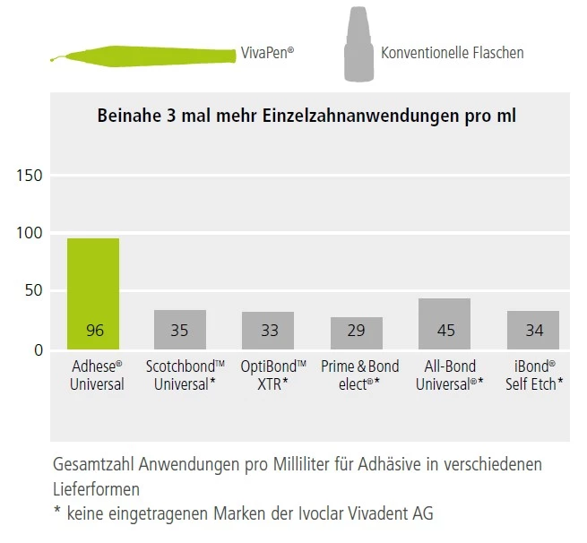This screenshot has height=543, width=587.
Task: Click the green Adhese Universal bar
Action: click(x=93, y=293)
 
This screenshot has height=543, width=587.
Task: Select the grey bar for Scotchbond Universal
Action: click(x=180, y=330)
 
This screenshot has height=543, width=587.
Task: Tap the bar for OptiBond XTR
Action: click(x=268, y=331)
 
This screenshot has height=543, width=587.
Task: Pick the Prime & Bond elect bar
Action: click(x=356, y=332)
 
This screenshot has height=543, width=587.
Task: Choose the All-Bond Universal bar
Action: click(x=445, y=323)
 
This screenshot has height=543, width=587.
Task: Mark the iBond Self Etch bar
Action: click(x=533, y=330)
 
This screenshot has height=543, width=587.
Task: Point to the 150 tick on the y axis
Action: click(x=30, y=176)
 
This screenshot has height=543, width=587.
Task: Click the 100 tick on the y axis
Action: click(x=30, y=233)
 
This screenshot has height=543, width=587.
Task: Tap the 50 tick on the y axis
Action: click(x=32, y=291)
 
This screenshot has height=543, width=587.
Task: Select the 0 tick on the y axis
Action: click(x=38, y=349)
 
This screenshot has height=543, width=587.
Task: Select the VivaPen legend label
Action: click(x=267, y=54)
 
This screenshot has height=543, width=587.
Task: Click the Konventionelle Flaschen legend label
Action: click(x=452, y=53)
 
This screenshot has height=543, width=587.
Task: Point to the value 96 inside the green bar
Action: click(x=95, y=331)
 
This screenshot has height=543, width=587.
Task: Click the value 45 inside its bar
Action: click(x=445, y=331)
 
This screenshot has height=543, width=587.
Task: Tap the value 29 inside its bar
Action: click(x=356, y=332)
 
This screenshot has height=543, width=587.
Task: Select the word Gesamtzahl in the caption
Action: click(x=90, y=467)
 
